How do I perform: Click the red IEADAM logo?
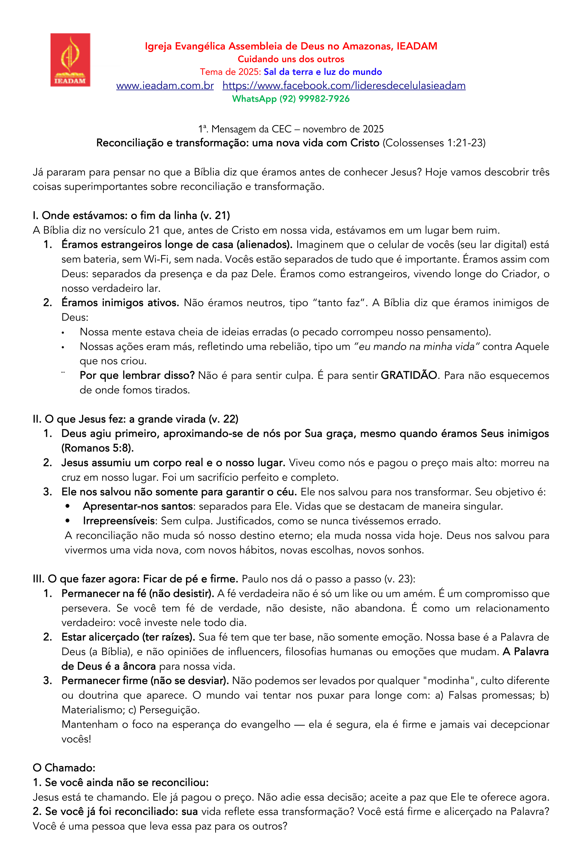(70, 60)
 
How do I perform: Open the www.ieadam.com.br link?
(165, 86)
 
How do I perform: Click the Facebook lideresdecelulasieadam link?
(344, 86)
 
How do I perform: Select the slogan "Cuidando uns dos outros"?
(291, 59)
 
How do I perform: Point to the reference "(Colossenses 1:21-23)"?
(434, 143)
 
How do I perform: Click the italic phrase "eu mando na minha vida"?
(417, 347)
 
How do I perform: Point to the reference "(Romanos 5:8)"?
(97, 448)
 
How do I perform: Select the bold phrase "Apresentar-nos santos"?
(138, 506)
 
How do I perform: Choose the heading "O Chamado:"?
(64, 768)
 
